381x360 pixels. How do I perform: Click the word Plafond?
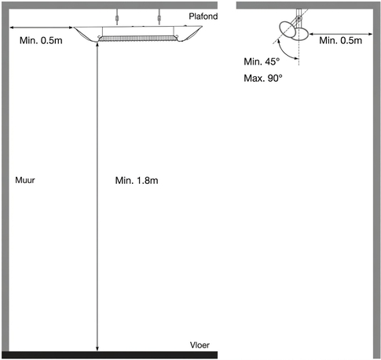click(203, 17)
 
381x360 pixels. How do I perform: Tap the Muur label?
click(25, 180)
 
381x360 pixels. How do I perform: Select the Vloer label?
click(200, 345)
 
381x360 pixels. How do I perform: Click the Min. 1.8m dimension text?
click(137, 181)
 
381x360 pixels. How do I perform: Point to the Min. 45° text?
click(262, 61)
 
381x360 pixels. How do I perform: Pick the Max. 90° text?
click(263, 78)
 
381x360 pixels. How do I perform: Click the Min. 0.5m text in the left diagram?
click(41, 40)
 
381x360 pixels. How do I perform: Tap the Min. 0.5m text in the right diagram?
click(341, 40)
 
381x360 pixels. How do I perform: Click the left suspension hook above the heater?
click(117, 18)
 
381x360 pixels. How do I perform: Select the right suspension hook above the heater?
click(159, 18)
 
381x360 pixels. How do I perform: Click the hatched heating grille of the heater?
click(137, 39)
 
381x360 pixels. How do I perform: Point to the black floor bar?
click(109, 354)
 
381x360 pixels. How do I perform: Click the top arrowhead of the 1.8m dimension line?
click(97, 45)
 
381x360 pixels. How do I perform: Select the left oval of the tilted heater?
click(288, 29)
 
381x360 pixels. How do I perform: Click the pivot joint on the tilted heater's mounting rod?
click(299, 18)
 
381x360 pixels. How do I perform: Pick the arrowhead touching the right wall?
click(370, 34)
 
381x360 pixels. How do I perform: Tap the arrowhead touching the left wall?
click(12, 28)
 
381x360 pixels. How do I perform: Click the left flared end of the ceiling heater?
click(86, 34)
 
